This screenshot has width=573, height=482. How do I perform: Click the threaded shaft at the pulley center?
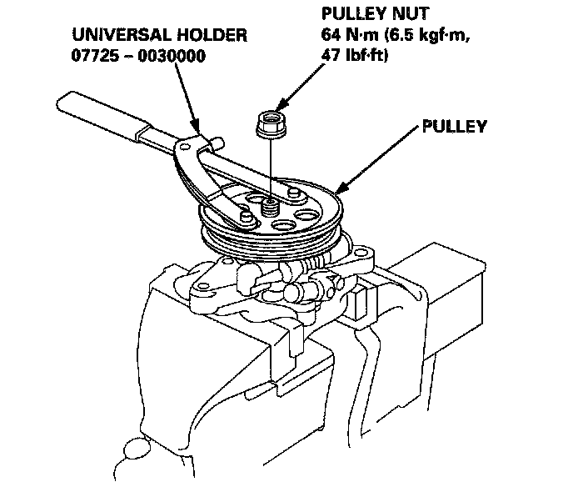269,204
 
